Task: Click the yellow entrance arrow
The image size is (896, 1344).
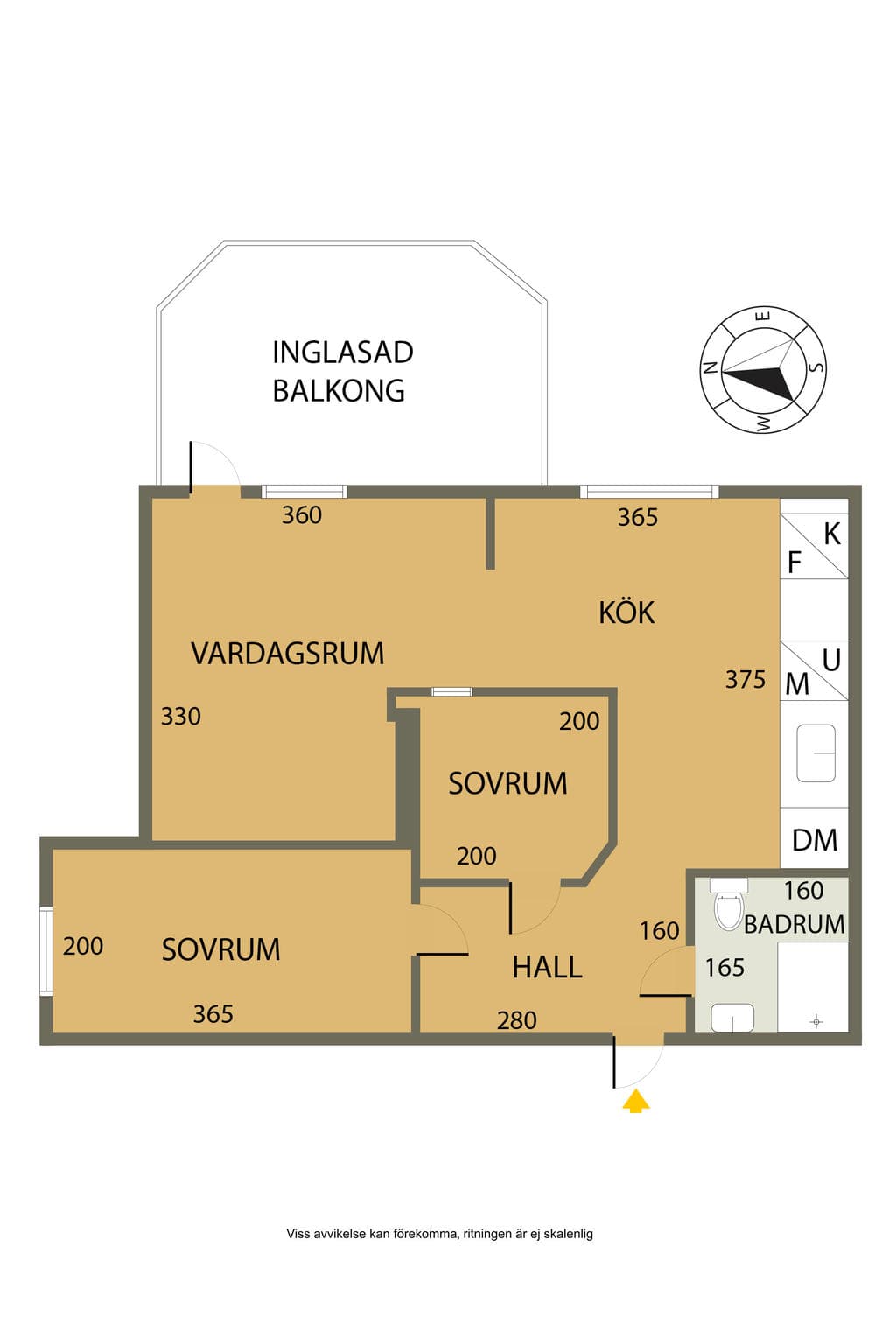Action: [x=635, y=1102]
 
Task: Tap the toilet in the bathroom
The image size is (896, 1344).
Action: [x=729, y=903]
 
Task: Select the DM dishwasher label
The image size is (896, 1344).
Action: [x=815, y=840]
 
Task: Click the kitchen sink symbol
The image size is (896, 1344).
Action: [x=815, y=753]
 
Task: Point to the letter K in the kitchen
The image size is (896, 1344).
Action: [x=832, y=534]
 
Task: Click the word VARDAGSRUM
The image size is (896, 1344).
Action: [x=288, y=654]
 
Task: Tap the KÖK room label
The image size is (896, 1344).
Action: [x=626, y=612]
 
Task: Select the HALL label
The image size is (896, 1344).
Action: [x=548, y=967]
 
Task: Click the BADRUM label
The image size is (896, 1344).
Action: [x=794, y=924]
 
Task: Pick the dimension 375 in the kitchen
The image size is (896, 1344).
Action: [x=745, y=679]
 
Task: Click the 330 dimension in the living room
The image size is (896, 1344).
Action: [x=180, y=716]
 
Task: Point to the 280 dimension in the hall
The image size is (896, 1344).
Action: [x=517, y=1020]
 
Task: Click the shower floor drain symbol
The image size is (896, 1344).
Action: [x=816, y=1021]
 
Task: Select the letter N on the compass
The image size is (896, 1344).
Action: [x=710, y=367]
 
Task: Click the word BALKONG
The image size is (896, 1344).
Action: [x=339, y=390]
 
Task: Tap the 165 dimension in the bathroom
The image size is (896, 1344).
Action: [x=724, y=967]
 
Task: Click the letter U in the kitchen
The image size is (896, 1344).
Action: [x=831, y=660]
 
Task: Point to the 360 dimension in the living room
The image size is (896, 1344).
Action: [x=302, y=514]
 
